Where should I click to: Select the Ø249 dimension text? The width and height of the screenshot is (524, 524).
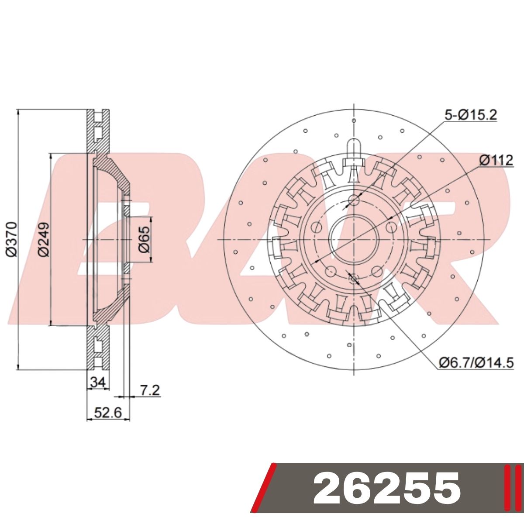point(44,240)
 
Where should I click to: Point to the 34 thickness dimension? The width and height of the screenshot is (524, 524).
point(98,383)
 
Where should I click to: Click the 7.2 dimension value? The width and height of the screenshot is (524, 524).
point(150,390)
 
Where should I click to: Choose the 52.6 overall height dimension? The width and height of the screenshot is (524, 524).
point(108,414)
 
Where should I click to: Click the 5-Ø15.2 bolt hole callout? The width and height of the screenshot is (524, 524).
point(471,115)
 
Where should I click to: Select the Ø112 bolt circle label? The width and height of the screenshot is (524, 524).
point(496,161)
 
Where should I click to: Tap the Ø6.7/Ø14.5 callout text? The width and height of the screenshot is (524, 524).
point(476,362)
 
